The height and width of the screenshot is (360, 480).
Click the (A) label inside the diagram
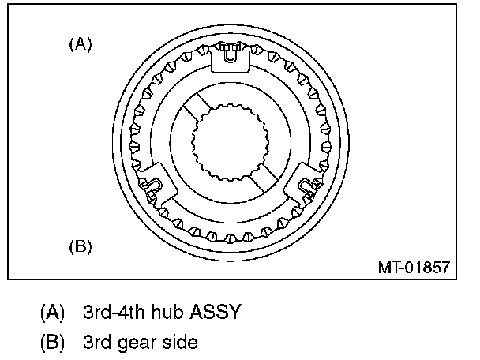(x=81, y=45)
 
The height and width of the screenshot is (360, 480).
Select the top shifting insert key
(x=231, y=60)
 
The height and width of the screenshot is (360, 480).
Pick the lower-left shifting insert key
(x=155, y=184)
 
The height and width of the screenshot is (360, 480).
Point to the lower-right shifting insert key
(x=309, y=184)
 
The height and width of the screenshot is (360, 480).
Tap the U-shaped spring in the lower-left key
(x=152, y=187)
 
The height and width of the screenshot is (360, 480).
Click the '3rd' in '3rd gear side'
(x=98, y=343)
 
